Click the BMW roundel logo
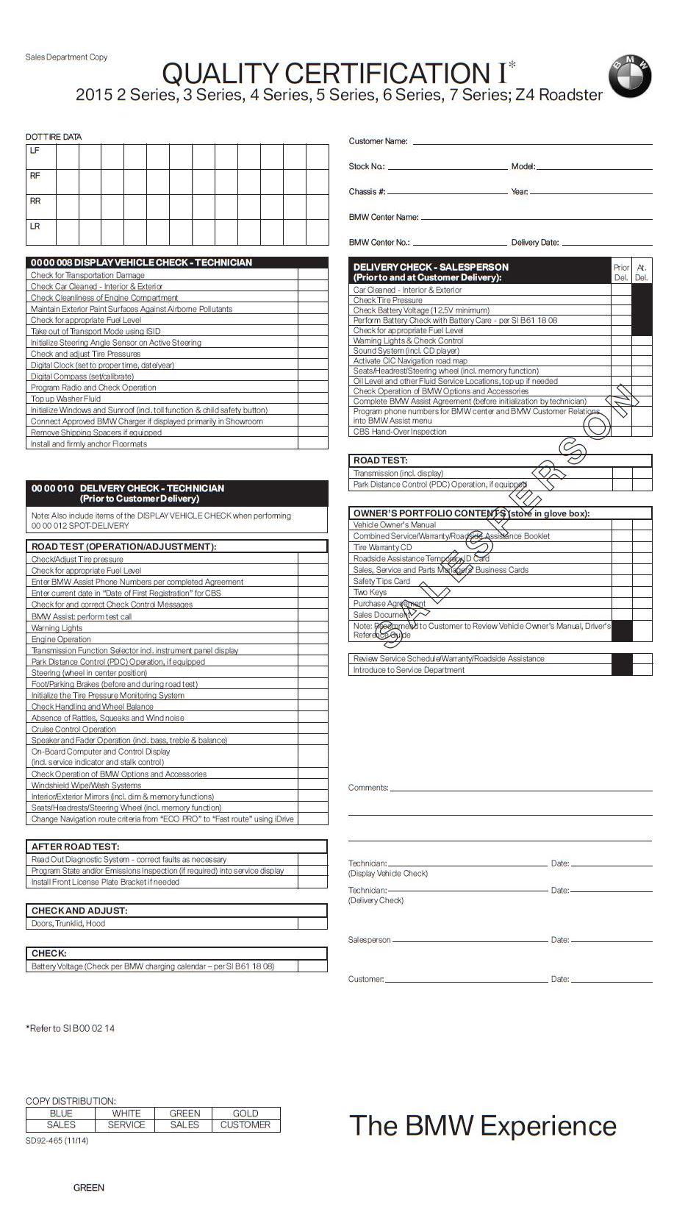click(629, 76)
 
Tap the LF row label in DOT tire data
click(35, 151)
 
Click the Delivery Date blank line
click(606, 243)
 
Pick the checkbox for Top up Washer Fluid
click(313, 399)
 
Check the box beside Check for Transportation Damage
click(313, 275)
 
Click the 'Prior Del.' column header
click(621, 272)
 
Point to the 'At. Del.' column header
click(642, 272)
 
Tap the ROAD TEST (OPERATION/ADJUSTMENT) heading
click(123, 546)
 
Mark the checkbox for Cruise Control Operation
click(312, 729)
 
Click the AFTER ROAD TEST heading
click(75, 847)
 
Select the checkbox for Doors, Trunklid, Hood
click(312, 923)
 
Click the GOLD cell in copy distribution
click(245, 1113)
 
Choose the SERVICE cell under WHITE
click(126, 1125)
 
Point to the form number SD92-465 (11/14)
click(57, 1141)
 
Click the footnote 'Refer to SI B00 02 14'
click(71, 1028)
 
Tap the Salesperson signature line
click(470, 940)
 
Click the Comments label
click(368, 788)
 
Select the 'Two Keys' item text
click(370, 592)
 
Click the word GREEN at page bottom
click(89, 1187)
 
